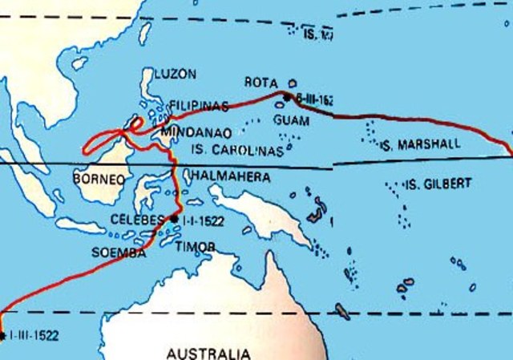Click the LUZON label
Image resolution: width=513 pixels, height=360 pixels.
coord(175,74)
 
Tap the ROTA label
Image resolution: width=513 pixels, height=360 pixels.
coord(261,83)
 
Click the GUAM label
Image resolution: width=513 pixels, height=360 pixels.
coord(291,119)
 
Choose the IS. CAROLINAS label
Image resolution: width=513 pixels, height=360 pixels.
coord(239,150)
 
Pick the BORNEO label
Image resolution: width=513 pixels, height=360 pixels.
coord(99,179)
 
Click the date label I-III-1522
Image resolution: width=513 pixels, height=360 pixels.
coord(33,335)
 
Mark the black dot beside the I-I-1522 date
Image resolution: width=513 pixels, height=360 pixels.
coord(174,218)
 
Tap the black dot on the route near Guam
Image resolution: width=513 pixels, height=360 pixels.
coord(286,97)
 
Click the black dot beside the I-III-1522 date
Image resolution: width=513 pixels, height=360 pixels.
coord(2,335)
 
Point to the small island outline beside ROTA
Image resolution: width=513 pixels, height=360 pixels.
coord(293,83)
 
